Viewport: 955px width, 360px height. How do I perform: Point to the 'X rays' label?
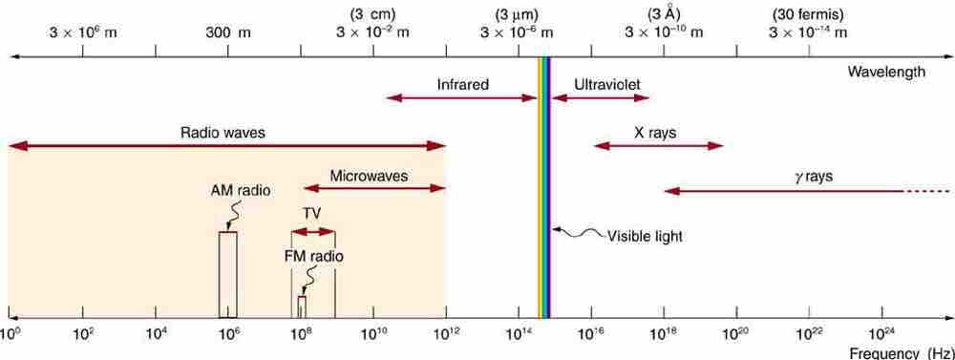click(655, 133)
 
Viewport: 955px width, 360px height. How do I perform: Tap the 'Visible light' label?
click(646, 235)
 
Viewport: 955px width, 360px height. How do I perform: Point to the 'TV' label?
click(312, 213)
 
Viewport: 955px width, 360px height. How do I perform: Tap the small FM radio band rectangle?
click(302, 307)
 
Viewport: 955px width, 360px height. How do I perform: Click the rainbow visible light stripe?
click(544, 191)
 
